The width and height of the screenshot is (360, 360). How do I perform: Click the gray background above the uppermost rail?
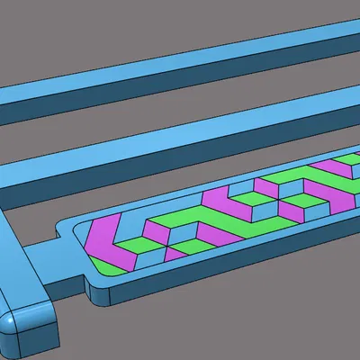pyautogui.click(x=135, y=27)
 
